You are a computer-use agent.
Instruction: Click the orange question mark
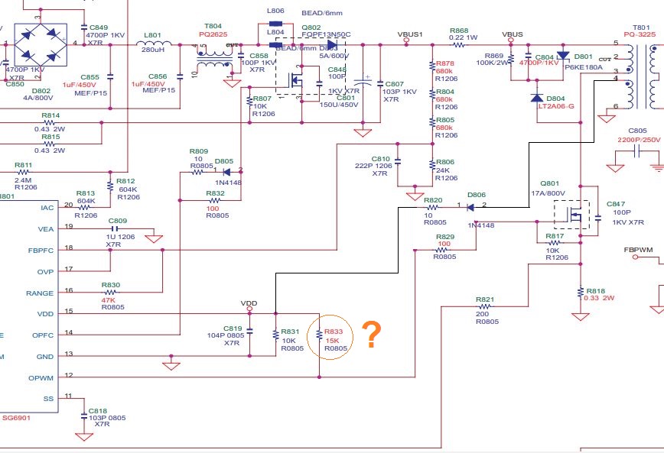pyautogui.click(x=371, y=335)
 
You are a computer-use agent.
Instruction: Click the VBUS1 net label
pyautogui.click(x=411, y=34)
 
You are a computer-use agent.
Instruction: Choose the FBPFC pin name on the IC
pyautogui.click(x=40, y=249)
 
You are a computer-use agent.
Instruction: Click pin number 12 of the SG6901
pyautogui.click(x=68, y=374)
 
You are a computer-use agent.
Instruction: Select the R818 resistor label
pyautogui.click(x=596, y=291)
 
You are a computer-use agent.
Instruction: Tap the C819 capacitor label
pyautogui.click(x=233, y=327)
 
